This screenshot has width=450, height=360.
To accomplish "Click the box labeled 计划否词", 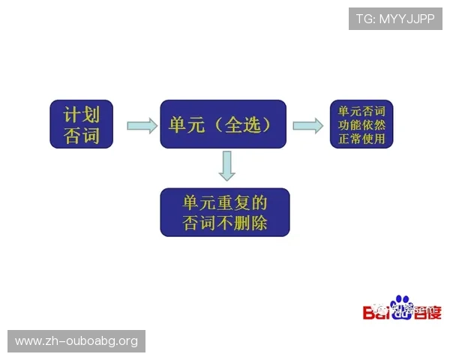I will point(81,124).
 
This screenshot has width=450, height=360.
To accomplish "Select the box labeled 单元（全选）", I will point(223,124).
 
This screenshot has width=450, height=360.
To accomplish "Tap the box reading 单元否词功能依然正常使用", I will point(361,124).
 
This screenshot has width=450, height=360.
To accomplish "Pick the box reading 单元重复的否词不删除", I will point(225,212).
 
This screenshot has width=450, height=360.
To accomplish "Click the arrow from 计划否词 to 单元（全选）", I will point(142,124).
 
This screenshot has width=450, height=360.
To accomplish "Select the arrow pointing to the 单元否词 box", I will point(307,124).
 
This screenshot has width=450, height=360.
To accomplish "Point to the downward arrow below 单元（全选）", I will point(227,166).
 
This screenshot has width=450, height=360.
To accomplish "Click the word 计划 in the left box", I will point(81,113).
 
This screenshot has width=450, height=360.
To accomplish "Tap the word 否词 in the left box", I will point(81,136).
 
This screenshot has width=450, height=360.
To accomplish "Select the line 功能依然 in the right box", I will point(361,124).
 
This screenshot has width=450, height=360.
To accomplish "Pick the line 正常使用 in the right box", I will point(361,138).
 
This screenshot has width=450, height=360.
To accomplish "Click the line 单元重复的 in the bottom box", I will point(225,202).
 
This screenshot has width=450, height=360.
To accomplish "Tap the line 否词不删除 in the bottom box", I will point(225,223).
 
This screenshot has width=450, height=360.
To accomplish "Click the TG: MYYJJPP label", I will point(395,19).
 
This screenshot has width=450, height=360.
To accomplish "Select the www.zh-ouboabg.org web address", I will point(77,341).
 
